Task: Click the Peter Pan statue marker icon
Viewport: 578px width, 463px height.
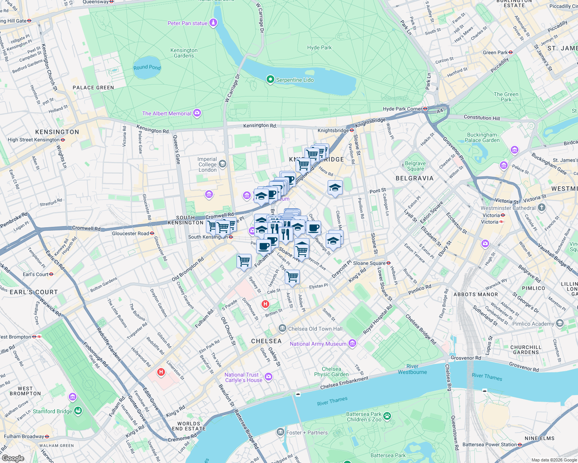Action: point(213,23)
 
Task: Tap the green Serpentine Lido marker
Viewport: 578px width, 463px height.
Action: point(270,79)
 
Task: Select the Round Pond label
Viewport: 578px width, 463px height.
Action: point(147,68)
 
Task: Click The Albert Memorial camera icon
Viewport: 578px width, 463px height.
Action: point(197,113)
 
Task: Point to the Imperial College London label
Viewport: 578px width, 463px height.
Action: point(207,164)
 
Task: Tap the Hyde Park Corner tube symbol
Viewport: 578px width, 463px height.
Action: point(425,109)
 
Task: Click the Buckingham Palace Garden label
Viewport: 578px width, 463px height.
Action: point(483,137)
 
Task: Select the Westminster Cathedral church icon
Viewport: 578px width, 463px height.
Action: point(542,208)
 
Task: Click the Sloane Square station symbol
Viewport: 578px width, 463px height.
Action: point(388,263)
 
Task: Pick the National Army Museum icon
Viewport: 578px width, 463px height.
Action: point(352,343)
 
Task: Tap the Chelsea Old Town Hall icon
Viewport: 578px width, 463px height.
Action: point(282,329)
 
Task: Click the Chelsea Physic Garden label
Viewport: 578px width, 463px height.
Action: point(331,372)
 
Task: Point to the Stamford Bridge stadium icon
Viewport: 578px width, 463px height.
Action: point(78,411)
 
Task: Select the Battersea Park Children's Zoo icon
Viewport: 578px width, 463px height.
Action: point(387,416)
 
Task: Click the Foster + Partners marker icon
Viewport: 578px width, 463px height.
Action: point(280,433)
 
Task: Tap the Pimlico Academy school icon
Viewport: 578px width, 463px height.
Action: point(560,323)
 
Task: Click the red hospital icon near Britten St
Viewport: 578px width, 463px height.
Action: point(265,304)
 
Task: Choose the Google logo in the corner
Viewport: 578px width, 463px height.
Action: point(13,458)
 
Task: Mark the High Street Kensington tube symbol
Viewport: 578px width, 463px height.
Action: point(63,140)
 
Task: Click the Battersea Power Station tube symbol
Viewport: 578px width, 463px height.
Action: point(520,444)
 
